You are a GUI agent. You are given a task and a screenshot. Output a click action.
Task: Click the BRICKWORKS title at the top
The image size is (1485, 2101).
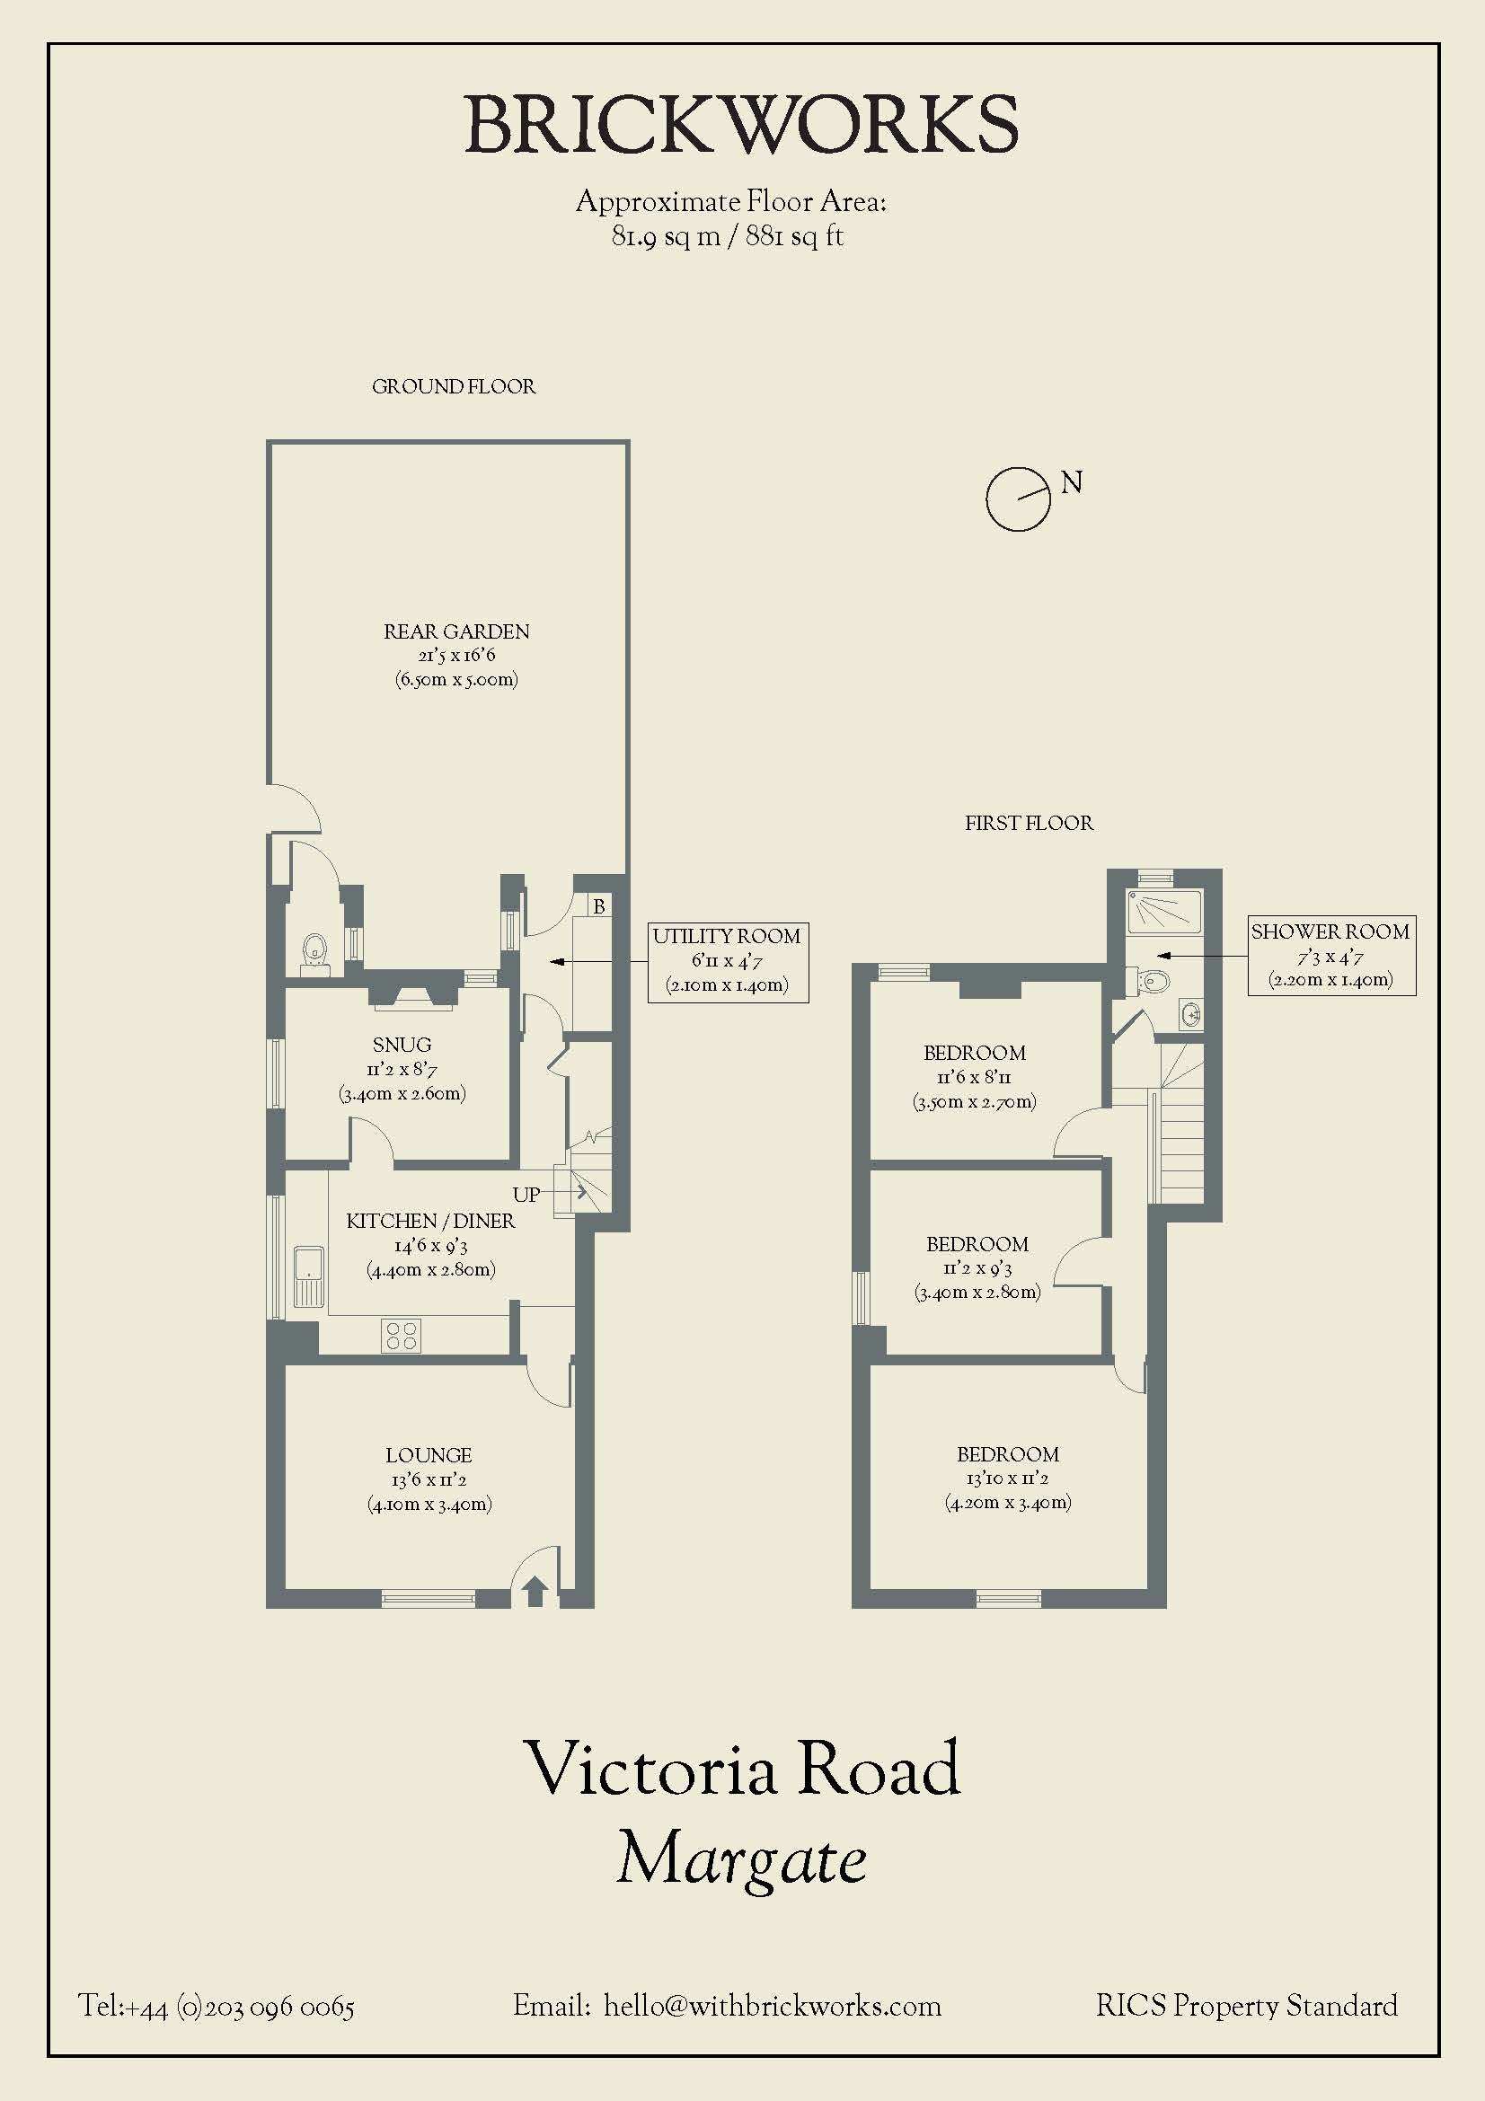pyautogui.click(x=742, y=125)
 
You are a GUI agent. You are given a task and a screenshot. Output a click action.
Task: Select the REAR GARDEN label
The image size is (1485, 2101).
pyautogui.click(x=456, y=631)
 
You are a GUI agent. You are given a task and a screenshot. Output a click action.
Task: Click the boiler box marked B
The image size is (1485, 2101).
pyautogui.click(x=599, y=907)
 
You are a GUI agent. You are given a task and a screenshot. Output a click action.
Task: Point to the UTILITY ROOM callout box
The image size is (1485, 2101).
pyautogui.click(x=729, y=962)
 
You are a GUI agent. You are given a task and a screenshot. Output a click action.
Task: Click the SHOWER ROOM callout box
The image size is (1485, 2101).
pyautogui.click(x=1331, y=956)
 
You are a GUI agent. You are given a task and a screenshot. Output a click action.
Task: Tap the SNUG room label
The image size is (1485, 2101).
pyautogui.click(x=402, y=1045)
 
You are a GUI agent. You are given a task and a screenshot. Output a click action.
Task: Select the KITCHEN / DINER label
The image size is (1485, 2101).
pyautogui.click(x=430, y=1221)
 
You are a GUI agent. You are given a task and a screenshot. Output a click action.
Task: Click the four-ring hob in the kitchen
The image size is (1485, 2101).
pyautogui.click(x=401, y=1336)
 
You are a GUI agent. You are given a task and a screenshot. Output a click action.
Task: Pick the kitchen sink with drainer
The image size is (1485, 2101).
pyautogui.click(x=309, y=1276)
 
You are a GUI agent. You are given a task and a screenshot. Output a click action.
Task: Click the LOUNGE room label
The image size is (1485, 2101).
pyautogui.click(x=429, y=1455)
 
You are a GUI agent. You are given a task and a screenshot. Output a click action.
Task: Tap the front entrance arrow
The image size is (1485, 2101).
pyautogui.click(x=535, y=1592)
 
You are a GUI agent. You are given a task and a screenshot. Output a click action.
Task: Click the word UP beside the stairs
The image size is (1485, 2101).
pyautogui.click(x=526, y=1194)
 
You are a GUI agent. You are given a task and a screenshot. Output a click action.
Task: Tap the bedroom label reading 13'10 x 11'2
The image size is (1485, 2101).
pyautogui.click(x=1007, y=1479)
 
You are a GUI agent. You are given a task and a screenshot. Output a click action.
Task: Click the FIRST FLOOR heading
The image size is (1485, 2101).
pyautogui.click(x=1029, y=824)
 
